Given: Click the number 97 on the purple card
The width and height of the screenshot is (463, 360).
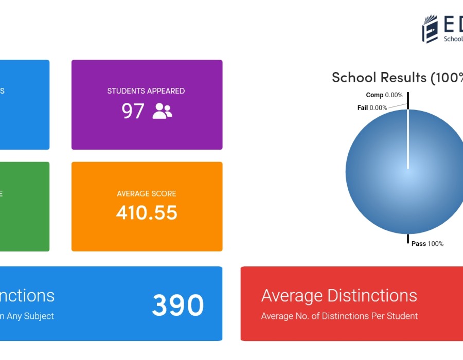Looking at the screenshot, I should [x=133, y=111].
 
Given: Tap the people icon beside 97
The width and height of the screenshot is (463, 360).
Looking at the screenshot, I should [x=162, y=111].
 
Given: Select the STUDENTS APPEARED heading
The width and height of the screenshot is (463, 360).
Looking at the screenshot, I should [x=146, y=91].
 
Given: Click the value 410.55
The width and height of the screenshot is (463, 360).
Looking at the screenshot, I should [x=147, y=212].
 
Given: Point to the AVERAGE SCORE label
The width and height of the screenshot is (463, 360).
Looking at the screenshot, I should [x=147, y=194].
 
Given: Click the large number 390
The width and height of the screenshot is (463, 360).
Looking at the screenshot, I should [x=177, y=305].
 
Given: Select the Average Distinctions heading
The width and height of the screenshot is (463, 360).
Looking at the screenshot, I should [x=339, y=296].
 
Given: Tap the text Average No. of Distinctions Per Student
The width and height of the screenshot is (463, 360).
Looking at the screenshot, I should [x=339, y=316].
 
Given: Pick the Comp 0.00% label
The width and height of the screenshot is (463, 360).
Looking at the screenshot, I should [x=384, y=95].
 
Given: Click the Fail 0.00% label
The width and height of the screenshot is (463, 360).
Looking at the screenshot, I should [x=372, y=108].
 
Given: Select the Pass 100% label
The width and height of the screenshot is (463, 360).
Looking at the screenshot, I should [x=428, y=244].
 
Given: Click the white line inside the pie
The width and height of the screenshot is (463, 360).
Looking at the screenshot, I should [x=408, y=139].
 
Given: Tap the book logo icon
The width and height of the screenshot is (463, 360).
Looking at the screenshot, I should [x=430, y=29].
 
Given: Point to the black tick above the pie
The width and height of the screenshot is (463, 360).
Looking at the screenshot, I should [x=408, y=100].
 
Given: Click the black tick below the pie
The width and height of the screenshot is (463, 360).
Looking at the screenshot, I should [x=408, y=239].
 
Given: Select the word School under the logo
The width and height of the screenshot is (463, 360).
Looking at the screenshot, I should [x=453, y=39].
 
